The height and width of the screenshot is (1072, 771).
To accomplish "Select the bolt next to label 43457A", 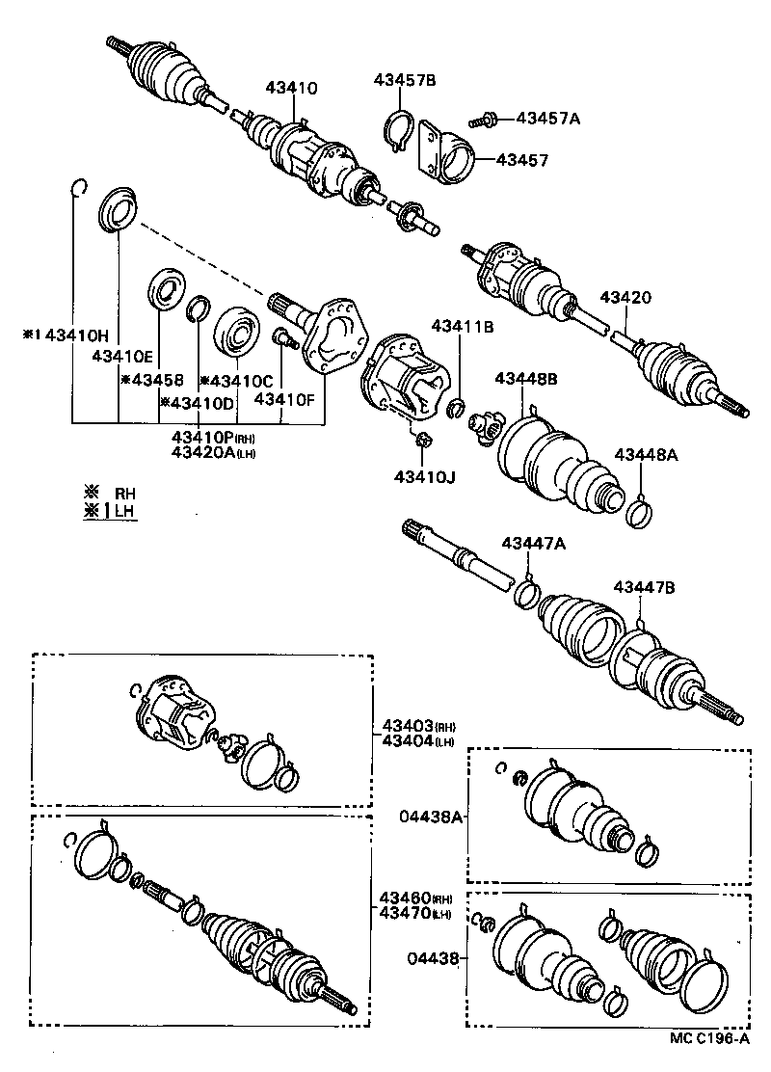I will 482,121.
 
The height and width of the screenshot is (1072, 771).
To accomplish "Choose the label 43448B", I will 526,379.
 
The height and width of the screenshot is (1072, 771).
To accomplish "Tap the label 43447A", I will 533,544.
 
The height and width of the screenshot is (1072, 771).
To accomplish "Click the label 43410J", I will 424,476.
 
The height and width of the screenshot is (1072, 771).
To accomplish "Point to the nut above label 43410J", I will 421,442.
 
